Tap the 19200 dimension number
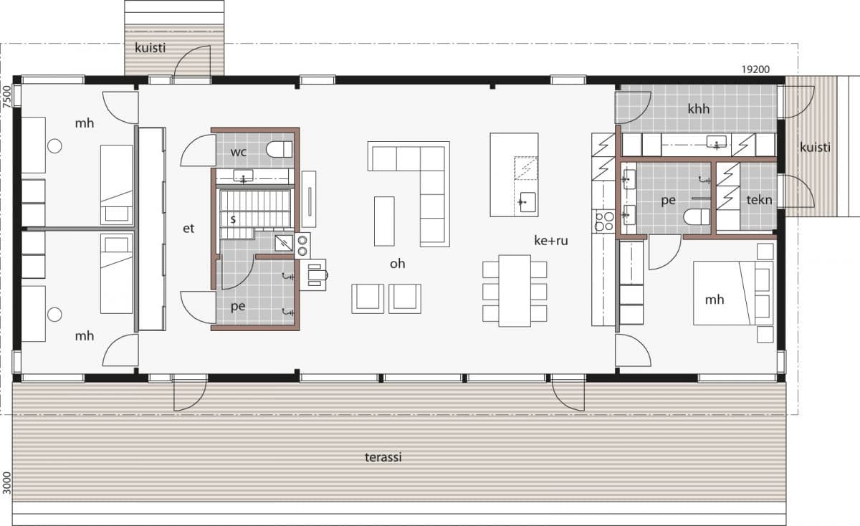(755, 70)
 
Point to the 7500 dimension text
(7, 97)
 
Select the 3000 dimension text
(7, 482)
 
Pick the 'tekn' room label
(759, 200)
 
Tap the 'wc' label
(239, 152)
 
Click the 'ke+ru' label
(550, 241)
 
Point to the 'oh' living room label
(397, 264)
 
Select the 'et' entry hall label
(189, 229)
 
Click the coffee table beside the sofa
(383, 220)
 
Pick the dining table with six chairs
(514, 290)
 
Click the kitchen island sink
(526, 201)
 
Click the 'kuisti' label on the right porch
(816, 148)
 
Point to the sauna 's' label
(233, 219)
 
